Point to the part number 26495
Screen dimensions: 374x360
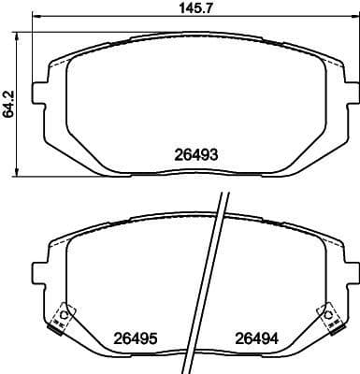136,338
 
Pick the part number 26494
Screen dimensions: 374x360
253,338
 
